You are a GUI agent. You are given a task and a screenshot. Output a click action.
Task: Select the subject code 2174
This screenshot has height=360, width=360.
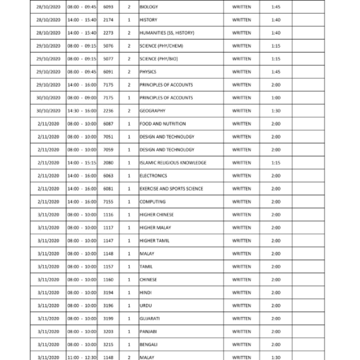click(108, 19)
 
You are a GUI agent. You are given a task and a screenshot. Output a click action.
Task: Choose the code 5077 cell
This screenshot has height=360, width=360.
click(108, 58)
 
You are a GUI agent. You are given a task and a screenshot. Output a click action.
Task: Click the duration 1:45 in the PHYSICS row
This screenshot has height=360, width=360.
click(276, 71)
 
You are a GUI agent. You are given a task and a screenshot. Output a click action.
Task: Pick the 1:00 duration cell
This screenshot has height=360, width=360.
click(276, 96)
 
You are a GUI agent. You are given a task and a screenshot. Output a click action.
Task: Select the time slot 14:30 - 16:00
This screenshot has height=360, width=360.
click(81, 109)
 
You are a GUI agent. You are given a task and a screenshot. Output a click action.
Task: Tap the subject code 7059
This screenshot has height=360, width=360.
click(108, 148)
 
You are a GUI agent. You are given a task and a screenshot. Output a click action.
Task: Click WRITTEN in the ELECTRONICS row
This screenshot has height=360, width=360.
click(241, 174)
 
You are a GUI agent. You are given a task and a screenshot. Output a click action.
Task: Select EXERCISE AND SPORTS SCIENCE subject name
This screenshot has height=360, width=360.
click(171, 187)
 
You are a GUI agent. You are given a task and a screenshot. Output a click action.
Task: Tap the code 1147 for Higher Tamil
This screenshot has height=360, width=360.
click(108, 239)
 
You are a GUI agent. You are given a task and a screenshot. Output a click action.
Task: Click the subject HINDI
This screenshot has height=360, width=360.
click(145, 291)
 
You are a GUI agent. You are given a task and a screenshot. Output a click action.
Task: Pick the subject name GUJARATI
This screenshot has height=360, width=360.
click(149, 317)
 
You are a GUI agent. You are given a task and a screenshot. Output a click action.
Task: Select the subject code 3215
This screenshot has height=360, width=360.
click(108, 343)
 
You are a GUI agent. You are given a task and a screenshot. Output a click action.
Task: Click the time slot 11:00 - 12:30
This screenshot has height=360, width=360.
click(81, 356)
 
